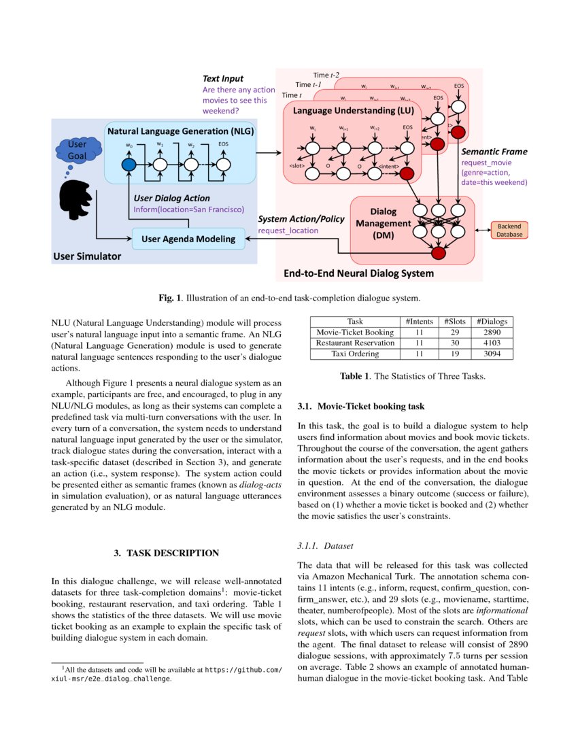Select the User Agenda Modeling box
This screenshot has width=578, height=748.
pyautogui.click(x=188, y=238)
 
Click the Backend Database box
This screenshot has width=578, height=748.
pyautogui.click(x=509, y=230)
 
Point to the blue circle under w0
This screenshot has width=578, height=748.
pyautogui.click(x=129, y=164)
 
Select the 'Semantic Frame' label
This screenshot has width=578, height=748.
pyautogui.click(x=494, y=152)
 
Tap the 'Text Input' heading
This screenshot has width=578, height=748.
pyautogui.click(x=223, y=79)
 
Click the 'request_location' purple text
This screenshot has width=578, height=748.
pyautogui.click(x=288, y=231)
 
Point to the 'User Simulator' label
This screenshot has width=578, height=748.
pyautogui.click(x=86, y=256)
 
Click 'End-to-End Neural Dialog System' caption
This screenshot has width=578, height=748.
pyautogui.click(x=358, y=274)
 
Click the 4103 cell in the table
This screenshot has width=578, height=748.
pyautogui.click(x=490, y=343)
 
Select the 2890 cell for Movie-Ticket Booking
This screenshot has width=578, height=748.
pyautogui.click(x=490, y=333)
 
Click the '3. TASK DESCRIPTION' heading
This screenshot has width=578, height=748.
pyautogui.click(x=166, y=553)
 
